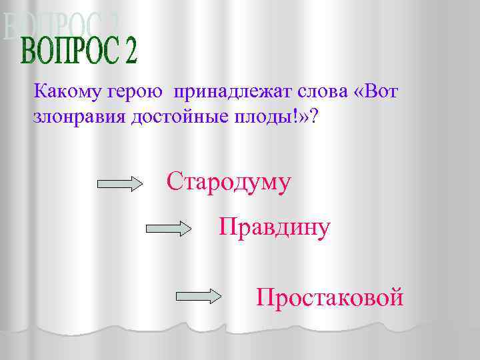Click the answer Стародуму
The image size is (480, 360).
pos(229,182)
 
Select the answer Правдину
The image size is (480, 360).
pos(274,228)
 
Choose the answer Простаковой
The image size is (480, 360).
pos(329,296)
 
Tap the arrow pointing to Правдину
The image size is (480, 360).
pos(169,229)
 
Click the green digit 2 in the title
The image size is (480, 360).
pos(129,52)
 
